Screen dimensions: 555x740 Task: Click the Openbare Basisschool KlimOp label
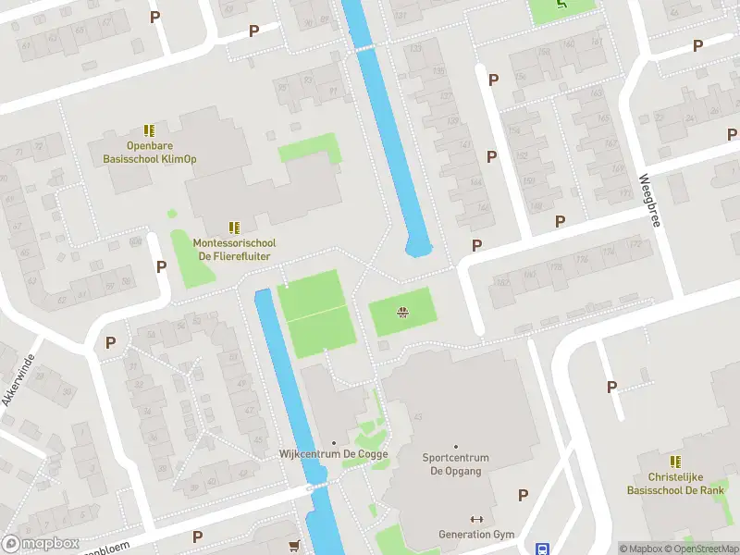[149, 152]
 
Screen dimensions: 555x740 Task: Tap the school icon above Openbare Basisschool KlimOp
[149, 131]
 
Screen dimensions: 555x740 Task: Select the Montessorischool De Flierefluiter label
[234, 249]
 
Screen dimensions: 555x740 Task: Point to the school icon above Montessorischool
[234, 227]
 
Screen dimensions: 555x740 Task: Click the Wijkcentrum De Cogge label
[334, 454]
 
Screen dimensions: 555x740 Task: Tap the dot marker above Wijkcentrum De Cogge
[334, 442]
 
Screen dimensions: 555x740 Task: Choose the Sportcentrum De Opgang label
[455, 464]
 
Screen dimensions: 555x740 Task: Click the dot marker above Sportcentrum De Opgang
[455, 446]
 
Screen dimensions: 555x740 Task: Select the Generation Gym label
[476, 535]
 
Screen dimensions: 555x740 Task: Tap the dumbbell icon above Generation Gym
[477, 519]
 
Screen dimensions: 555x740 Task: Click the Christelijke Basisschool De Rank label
[676, 484]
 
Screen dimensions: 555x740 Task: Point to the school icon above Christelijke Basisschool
[676, 461]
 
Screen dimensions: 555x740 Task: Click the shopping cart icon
[295, 545]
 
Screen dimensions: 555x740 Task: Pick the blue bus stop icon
[543, 547]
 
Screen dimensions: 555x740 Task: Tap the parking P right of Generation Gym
[524, 495]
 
